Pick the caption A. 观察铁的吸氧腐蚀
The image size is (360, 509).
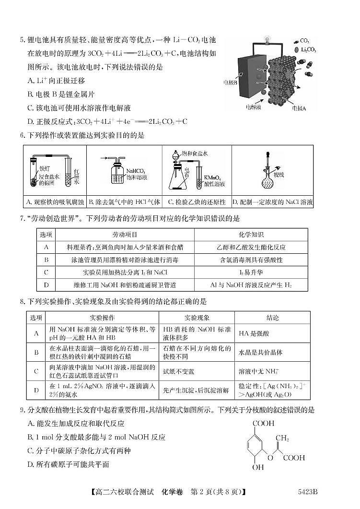pyautogui.click(x=54, y=202)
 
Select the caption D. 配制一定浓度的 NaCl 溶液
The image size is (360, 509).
pyautogui.click(x=272, y=202)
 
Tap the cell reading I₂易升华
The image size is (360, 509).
pyautogui.click(x=251, y=272)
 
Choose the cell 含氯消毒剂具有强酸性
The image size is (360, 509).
pyautogui.click(x=251, y=260)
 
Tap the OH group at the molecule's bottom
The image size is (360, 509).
pyautogui.click(x=259, y=467)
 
